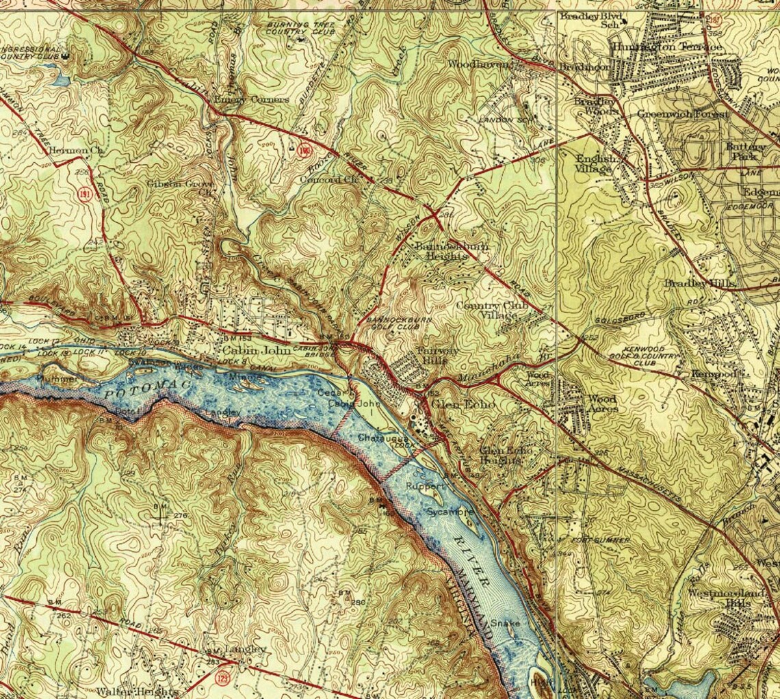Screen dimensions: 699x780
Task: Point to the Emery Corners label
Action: [x=251, y=99]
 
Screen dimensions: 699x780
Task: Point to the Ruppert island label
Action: [x=426, y=485]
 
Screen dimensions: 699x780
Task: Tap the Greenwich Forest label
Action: [x=682, y=114]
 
